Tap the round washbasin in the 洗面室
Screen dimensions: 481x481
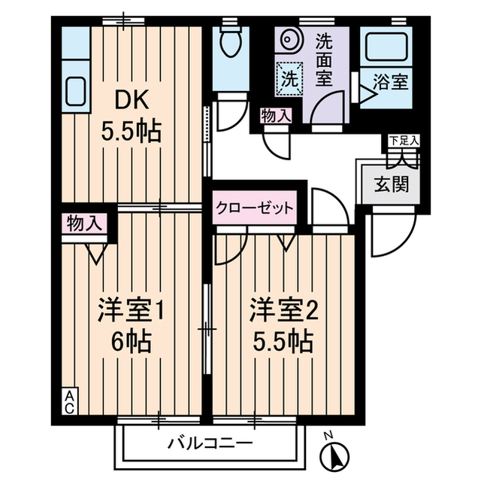289,39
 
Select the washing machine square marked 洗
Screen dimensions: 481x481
289,79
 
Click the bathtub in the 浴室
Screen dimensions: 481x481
386,46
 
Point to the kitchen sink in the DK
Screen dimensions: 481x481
75,91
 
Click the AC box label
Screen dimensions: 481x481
70,401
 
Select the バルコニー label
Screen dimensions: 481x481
211,443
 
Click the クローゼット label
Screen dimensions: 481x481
255,209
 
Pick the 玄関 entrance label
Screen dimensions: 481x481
392,184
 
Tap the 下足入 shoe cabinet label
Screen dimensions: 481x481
404,141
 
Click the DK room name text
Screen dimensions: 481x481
132,100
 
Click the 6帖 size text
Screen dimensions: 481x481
132,341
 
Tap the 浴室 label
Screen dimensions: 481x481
390,82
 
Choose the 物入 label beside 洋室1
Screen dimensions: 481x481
84,223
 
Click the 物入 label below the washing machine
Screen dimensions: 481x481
276,116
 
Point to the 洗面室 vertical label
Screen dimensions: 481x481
324,60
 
